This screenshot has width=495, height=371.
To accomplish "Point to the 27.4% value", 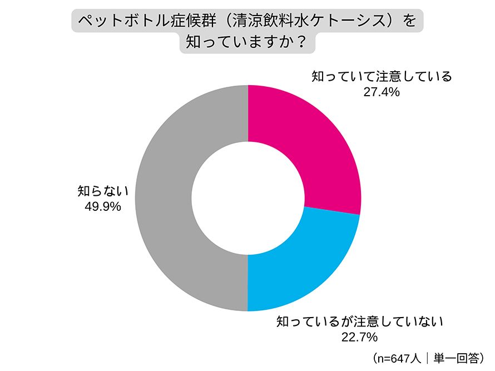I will click(x=381, y=92).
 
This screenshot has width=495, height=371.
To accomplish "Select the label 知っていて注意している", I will click(x=381, y=77).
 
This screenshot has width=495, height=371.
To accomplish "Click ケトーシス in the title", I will click(x=345, y=21).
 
